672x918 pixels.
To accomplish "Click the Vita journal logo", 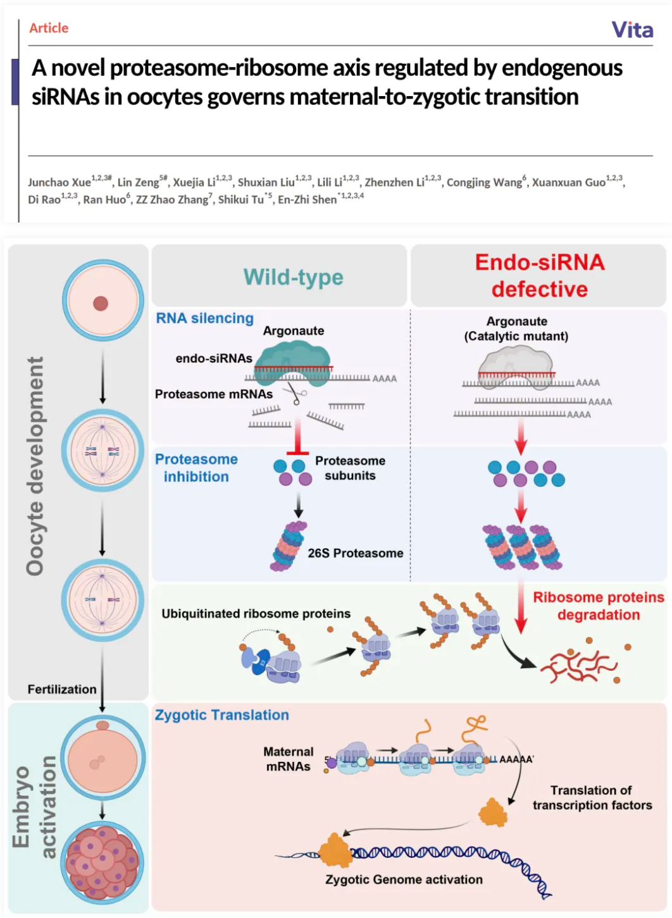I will point(632,30).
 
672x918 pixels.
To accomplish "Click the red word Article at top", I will point(49,28).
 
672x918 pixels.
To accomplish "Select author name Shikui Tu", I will point(240,200).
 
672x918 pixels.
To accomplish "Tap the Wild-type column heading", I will point(293,277).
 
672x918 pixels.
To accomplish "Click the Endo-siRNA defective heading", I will point(540,276).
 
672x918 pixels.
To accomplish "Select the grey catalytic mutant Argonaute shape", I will point(516,365).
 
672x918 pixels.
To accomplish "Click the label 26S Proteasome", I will point(355,553).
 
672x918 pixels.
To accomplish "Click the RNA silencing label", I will point(204,319).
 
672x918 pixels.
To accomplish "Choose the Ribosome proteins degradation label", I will point(598,606).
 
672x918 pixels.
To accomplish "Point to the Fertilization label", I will point(62,689).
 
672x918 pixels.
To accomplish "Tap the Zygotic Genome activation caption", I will point(404,879).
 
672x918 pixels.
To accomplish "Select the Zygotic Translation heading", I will point(222,715).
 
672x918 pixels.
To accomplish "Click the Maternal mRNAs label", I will point(289,759).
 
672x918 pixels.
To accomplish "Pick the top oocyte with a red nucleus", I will point(103,302).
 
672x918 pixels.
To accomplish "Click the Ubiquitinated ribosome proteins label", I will point(256,614).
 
